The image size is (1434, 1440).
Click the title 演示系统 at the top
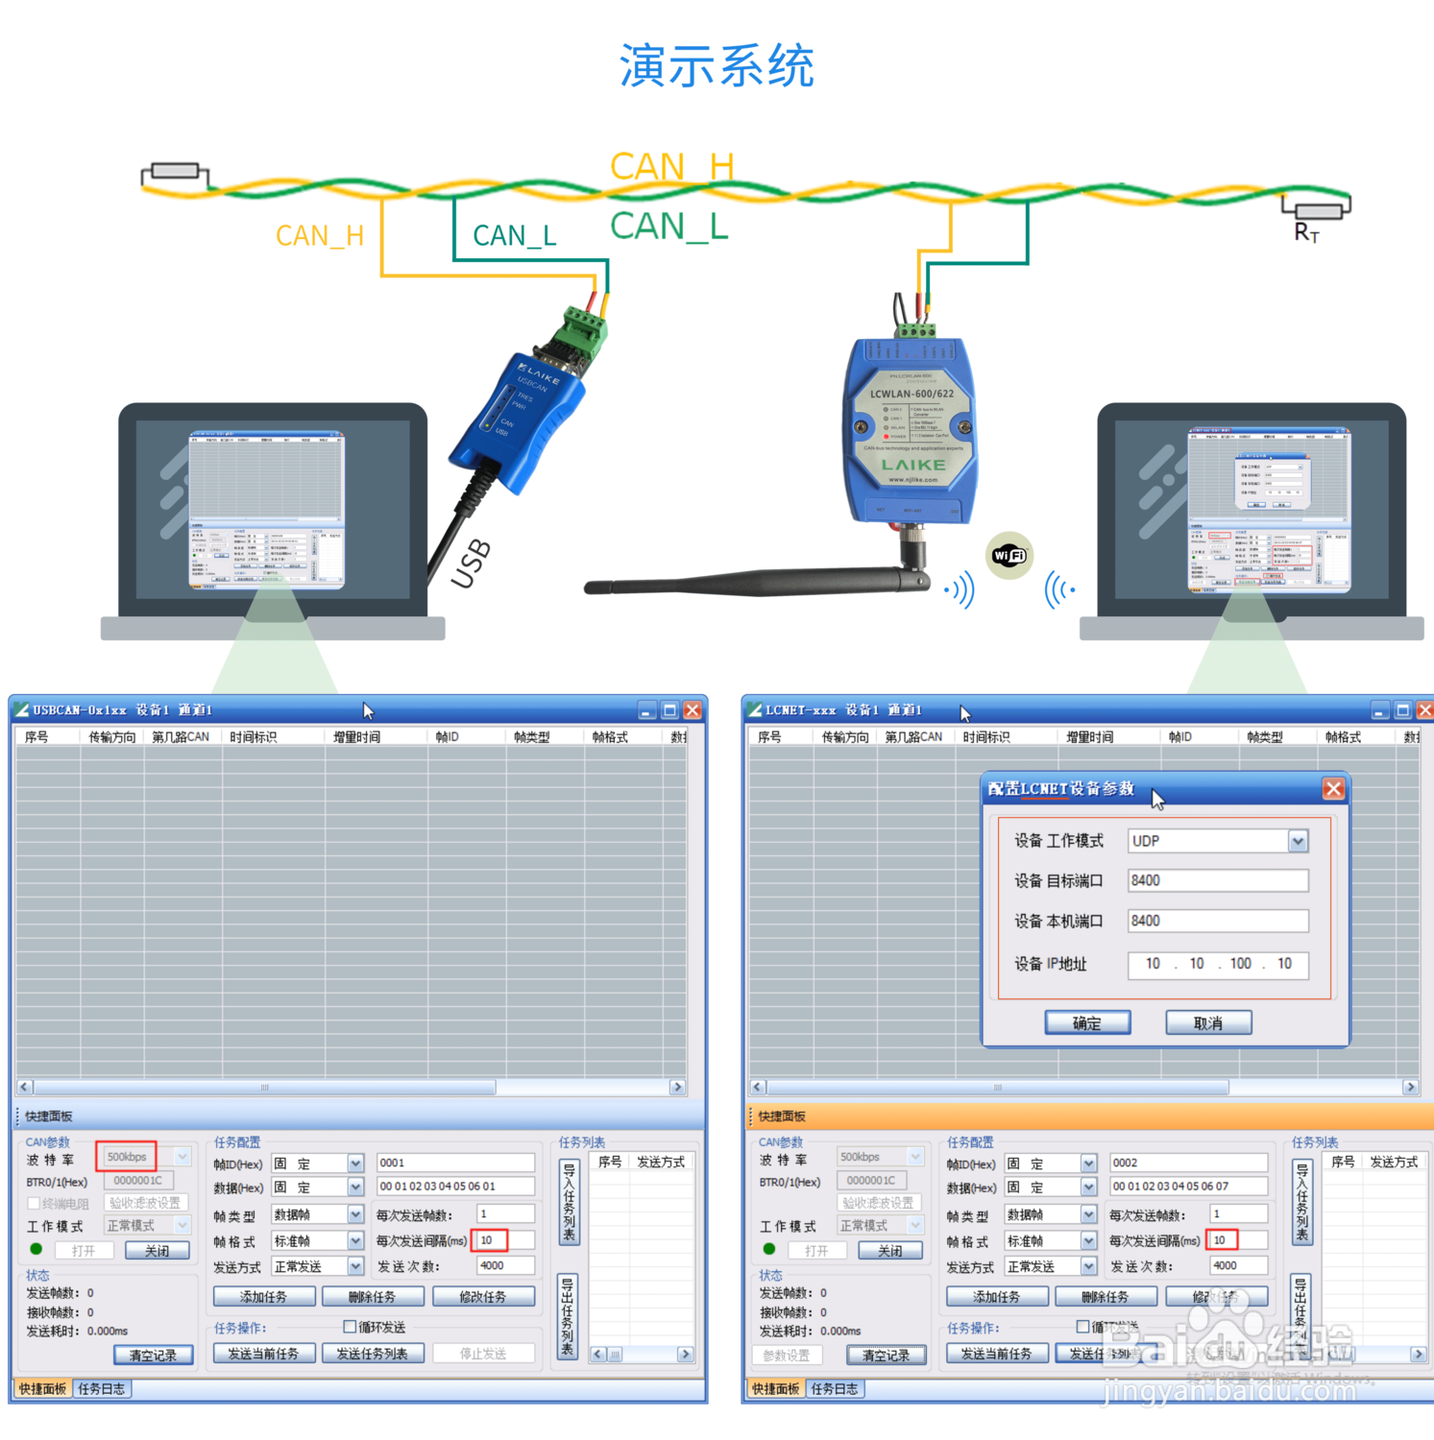tap(717, 66)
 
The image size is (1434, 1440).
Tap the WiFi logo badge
tap(1009, 555)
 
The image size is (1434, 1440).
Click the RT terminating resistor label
tap(1306, 231)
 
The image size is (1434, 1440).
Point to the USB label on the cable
tap(472, 564)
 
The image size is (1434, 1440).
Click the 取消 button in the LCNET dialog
tap(1208, 1023)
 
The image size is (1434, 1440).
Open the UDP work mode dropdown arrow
tap(1298, 841)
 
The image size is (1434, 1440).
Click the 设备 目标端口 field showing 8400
tap(1217, 880)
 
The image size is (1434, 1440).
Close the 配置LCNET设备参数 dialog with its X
tap(1333, 788)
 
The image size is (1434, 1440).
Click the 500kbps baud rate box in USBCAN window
tap(127, 1157)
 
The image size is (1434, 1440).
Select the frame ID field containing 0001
tap(454, 1163)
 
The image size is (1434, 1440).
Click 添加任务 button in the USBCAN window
tap(263, 1297)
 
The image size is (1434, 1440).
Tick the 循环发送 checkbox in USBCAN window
tap(350, 1327)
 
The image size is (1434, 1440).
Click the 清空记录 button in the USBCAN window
tap(153, 1356)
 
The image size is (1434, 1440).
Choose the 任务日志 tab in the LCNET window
tap(834, 1389)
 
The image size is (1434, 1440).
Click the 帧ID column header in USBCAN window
tap(447, 736)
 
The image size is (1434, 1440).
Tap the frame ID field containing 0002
tap(1187, 1163)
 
